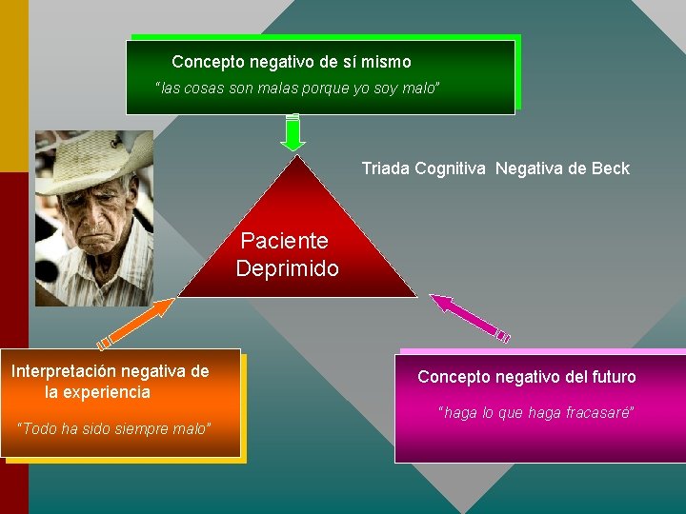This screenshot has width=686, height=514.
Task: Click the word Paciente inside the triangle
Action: point(284,241)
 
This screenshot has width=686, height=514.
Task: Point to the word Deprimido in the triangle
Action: point(287,268)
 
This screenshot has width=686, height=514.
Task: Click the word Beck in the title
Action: point(610,168)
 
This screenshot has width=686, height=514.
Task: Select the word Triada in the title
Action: point(386,168)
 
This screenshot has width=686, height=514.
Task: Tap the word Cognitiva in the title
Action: point(453,168)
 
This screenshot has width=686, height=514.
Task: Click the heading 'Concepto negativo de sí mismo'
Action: point(292,62)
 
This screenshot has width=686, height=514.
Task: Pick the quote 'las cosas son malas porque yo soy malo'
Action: point(297,89)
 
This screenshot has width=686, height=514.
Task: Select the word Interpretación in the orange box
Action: point(63,371)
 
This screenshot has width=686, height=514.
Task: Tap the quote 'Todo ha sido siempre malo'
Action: point(114,428)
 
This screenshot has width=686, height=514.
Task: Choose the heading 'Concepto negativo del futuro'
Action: point(526,377)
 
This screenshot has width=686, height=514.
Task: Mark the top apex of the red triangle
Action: point(298,156)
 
